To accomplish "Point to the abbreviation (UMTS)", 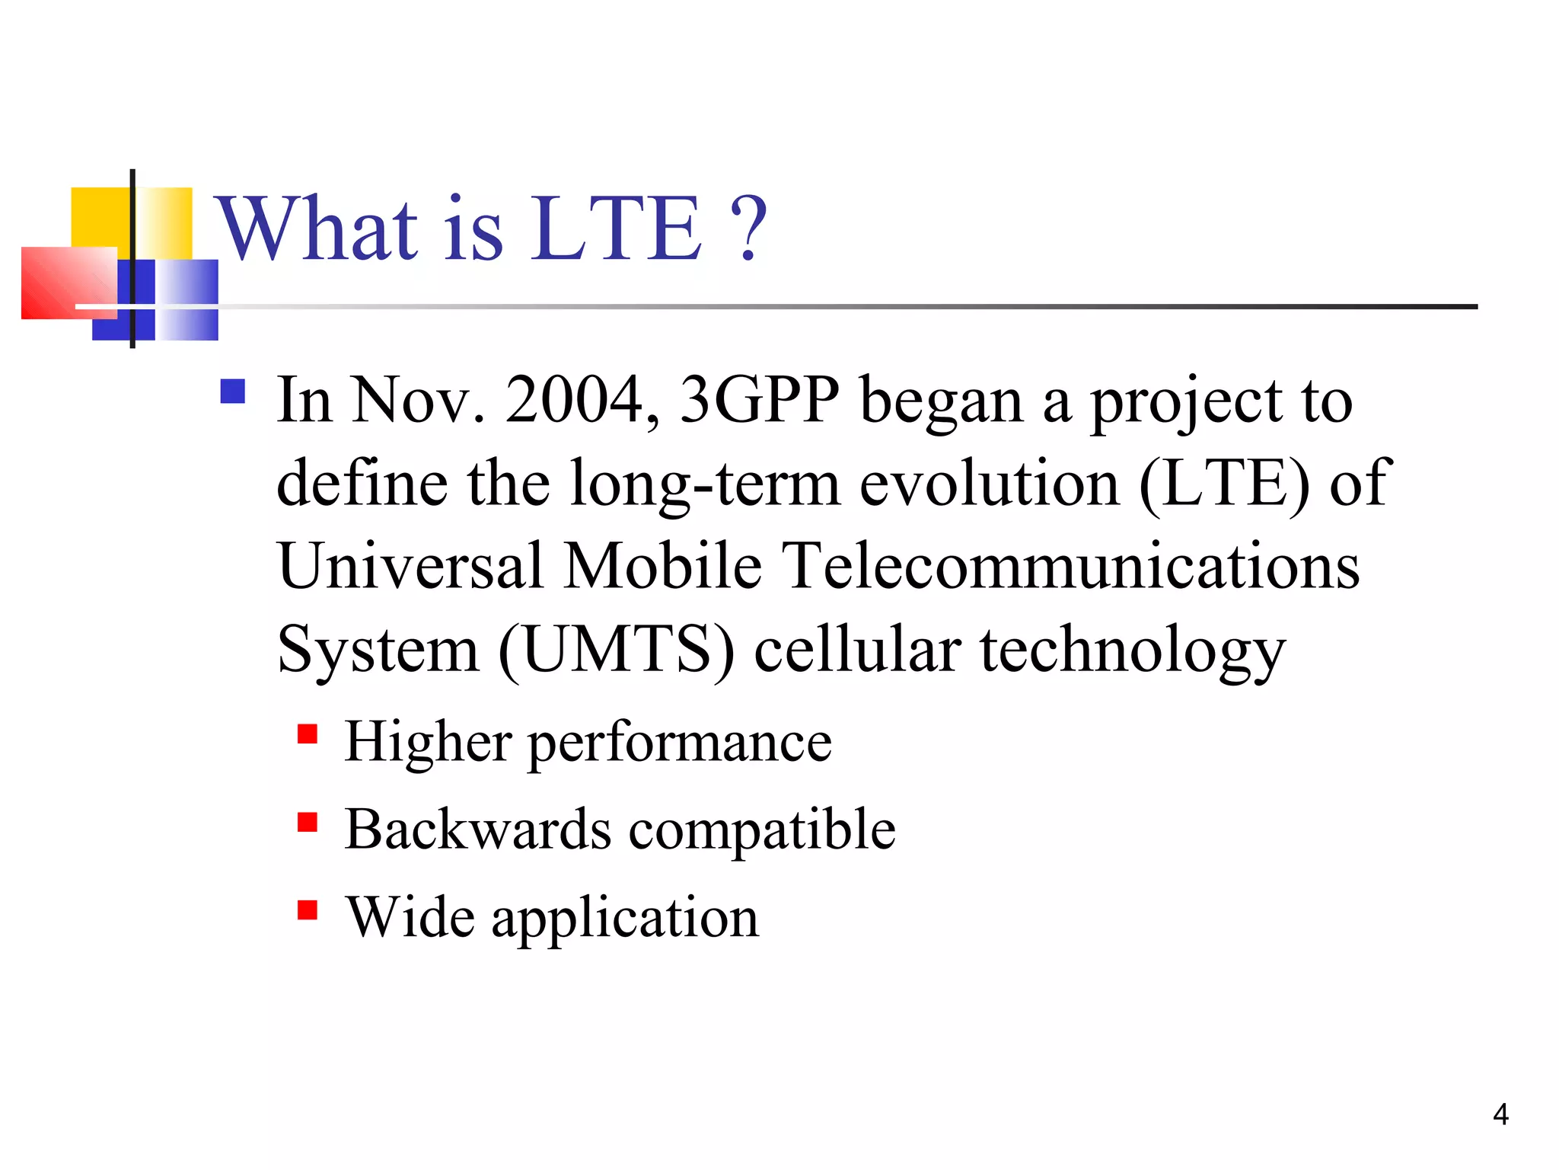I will point(617,650).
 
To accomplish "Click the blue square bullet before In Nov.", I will point(232,392).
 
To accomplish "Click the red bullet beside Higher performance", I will point(308,734).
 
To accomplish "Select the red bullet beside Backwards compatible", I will point(308,823).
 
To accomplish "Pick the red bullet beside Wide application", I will point(308,910).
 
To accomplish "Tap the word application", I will point(625,919).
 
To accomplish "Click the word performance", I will point(680,743).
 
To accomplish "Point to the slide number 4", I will point(1500,1114).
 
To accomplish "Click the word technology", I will point(1132,651).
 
